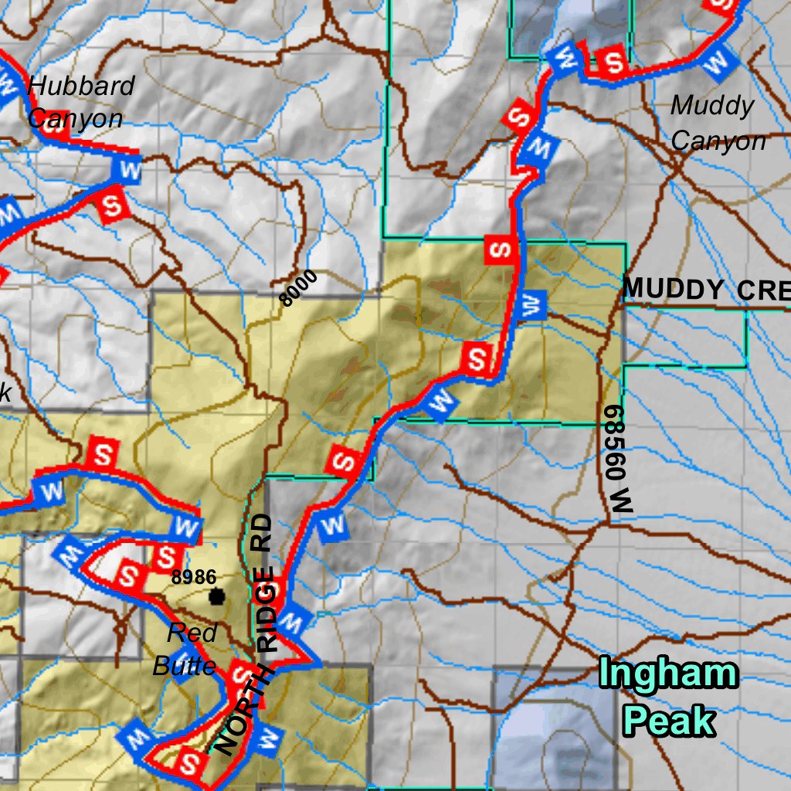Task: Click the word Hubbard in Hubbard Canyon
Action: (x=80, y=86)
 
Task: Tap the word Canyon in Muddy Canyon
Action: (x=718, y=141)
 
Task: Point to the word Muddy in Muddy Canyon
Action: (x=711, y=106)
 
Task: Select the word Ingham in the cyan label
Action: (x=668, y=674)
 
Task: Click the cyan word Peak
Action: (x=669, y=721)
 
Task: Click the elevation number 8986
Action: (x=193, y=576)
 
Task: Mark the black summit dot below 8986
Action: (x=216, y=596)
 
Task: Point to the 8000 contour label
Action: (x=298, y=288)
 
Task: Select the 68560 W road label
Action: (x=619, y=459)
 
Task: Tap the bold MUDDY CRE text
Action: (x=706, y=290)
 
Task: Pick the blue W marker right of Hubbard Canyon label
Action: (x=129, y=171)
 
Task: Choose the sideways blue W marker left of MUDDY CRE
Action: (x=531, y=306)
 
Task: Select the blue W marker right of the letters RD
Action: (x=333, y=525)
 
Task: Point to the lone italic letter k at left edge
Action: (x=5, y=392)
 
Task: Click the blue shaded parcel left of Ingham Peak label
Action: (x=541, y=734)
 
